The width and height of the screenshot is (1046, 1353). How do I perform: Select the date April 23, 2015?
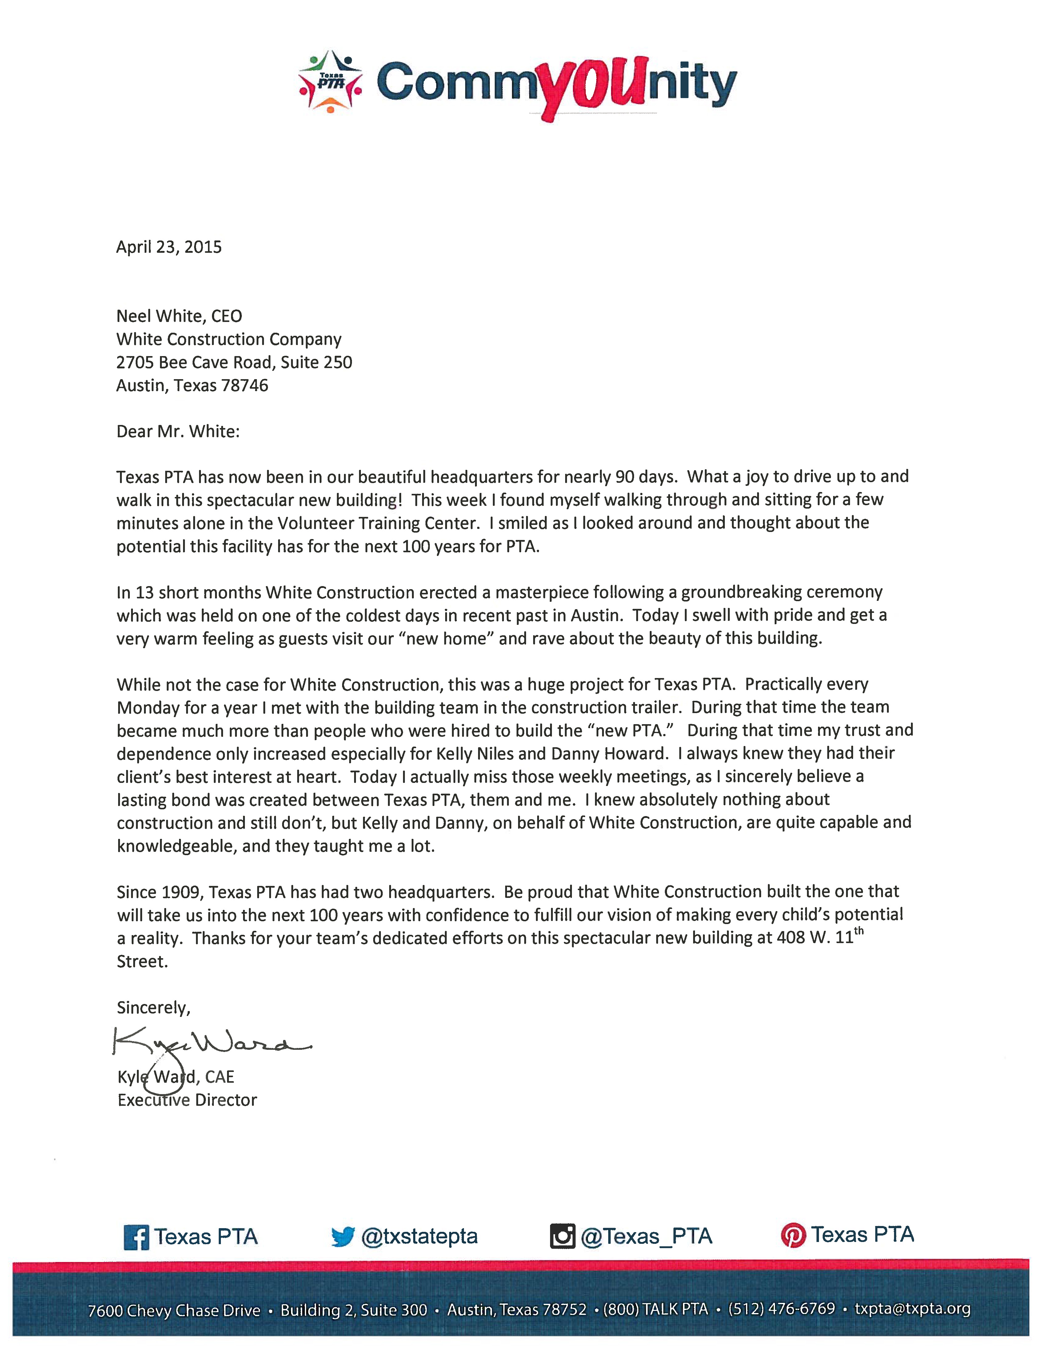tap(169, 247)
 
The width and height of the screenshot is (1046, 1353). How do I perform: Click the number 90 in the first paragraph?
tap(625, 477)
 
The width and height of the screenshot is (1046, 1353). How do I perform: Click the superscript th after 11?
tap(859, 931)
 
